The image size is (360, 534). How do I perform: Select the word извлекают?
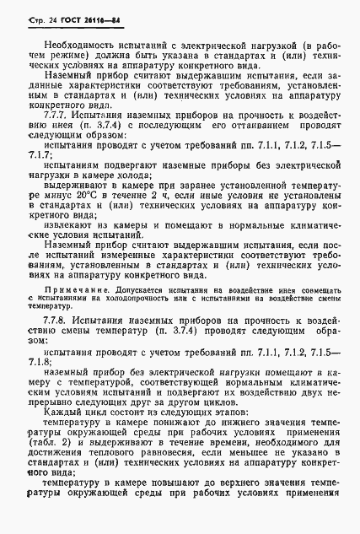[x=72, y=226]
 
